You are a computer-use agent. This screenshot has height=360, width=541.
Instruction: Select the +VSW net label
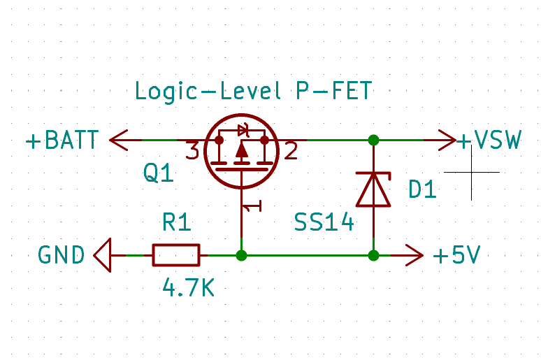[x=489, y=141]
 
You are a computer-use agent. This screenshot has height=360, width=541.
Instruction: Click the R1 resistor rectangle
[x=176, y=255]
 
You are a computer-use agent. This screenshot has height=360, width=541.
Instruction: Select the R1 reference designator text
[x=176, y=223]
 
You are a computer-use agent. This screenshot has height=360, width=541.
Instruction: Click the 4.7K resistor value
[x=187, y=287]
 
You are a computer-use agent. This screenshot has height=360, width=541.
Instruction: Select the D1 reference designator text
[x=422, y=189]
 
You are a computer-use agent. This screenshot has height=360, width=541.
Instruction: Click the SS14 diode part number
[x=324, y=224]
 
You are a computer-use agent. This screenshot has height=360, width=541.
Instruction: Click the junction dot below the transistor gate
[x=241, y=255]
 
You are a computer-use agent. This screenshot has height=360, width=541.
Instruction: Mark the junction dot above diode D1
[x=373, y=140]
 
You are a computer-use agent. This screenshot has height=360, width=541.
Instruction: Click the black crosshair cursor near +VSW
[x=471, y=172]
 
